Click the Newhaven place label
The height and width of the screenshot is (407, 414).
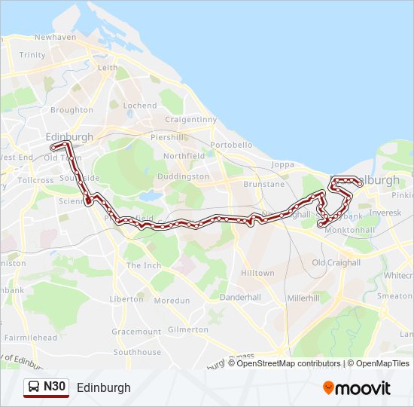55,37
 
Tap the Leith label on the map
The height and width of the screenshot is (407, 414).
107,68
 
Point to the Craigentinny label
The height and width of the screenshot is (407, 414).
190,119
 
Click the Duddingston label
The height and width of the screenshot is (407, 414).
183,176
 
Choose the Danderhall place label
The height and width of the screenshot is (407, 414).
240,298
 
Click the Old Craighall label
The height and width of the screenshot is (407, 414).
335,262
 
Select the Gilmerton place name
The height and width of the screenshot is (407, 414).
188,329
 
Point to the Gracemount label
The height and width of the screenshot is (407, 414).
136,332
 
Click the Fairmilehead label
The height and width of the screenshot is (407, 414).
30,338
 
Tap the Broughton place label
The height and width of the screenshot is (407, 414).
72,110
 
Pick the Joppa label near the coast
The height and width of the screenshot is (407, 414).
283,164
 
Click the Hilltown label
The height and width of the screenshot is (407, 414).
257,273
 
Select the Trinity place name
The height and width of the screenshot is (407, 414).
32,55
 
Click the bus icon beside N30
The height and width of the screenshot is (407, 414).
34,387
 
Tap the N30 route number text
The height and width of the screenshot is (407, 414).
55,387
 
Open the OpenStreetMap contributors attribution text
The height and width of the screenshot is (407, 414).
288,363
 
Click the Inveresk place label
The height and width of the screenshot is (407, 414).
385,213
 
